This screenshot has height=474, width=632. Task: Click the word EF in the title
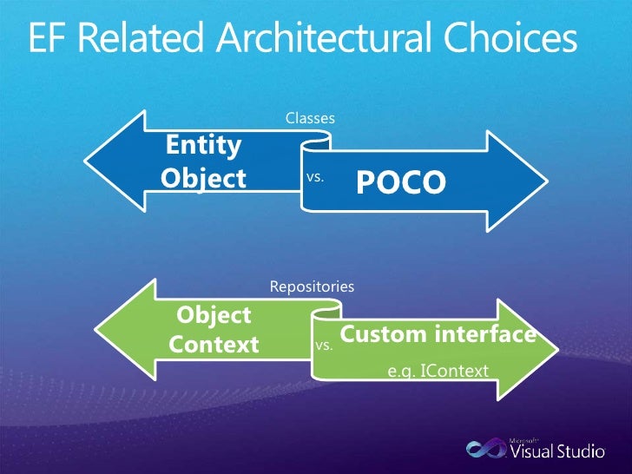[47, 40]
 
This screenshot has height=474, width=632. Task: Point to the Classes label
[310, 118]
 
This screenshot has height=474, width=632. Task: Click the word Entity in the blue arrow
[204, 144]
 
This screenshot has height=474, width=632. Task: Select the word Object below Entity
[204, 178]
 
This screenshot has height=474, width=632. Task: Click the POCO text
[400, 181]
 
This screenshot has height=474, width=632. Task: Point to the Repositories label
[312, 286]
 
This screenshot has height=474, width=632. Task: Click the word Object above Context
[214, 314]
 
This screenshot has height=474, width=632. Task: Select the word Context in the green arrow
[214, 345]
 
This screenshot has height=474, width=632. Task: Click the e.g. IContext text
[438, 372]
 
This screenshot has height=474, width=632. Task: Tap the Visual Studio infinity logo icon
[484, 449]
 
